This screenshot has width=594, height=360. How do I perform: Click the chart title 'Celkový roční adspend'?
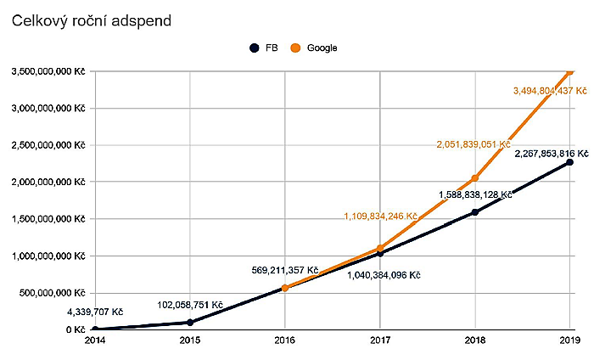92,20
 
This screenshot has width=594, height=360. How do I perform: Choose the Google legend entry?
314,48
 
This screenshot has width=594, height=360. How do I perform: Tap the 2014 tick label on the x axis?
95,341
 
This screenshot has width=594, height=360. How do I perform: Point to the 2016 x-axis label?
285,341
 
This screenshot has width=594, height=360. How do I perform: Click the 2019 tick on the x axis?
569,341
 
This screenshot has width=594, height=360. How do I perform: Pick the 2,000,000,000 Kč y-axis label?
48,182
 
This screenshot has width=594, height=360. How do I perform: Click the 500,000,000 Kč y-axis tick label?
51,292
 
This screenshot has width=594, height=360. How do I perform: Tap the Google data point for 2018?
475,178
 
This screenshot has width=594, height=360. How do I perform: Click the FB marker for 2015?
190,322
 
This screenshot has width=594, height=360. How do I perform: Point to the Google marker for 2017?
380,248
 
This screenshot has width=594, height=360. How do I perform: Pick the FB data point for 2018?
475,212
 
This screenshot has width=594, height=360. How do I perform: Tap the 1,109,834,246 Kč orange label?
380,217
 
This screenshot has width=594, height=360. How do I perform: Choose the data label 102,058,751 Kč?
190,304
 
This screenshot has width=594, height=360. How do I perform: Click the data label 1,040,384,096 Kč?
384,274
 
